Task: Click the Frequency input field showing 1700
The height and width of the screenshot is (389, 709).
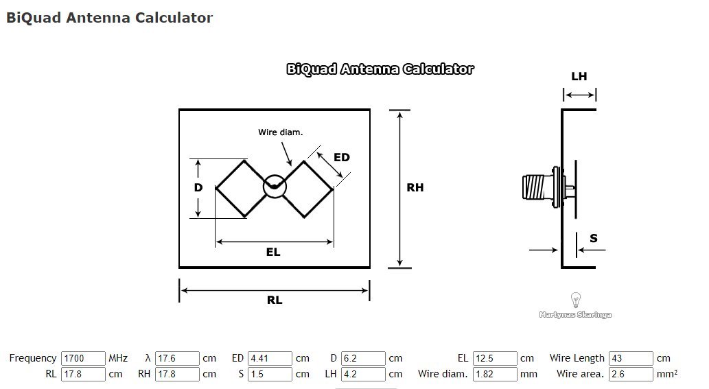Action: point(83,358)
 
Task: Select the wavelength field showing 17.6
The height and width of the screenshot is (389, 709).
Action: point(177,358)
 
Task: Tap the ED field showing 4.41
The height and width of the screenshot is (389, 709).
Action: point(270,358)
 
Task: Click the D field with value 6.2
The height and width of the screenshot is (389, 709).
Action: point(363,358)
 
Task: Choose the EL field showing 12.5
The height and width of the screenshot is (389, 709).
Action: point(495,358)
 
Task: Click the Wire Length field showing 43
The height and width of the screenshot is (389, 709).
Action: point(630,358)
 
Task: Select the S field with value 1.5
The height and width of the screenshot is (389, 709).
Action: point(270,374)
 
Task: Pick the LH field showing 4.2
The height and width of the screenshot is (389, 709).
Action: point(363,374)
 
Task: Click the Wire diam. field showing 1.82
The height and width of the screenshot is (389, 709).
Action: point(495,374)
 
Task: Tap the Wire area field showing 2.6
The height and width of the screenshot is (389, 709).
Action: point(630,374)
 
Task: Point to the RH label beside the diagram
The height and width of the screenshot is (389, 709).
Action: point(415,187)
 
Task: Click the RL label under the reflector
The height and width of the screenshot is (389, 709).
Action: point(275,300)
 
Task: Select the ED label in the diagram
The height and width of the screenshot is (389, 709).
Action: point(342,157)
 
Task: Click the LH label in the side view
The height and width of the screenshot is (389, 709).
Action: point(579,76)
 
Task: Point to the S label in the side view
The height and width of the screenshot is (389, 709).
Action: point(594,239)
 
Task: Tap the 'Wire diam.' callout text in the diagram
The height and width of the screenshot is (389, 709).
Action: point(280,132)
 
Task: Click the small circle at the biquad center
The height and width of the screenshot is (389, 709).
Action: point(274,186)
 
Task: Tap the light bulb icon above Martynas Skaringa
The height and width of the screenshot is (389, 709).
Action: point(576,300)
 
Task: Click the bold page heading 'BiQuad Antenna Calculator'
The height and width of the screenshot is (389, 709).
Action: point(110,18)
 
